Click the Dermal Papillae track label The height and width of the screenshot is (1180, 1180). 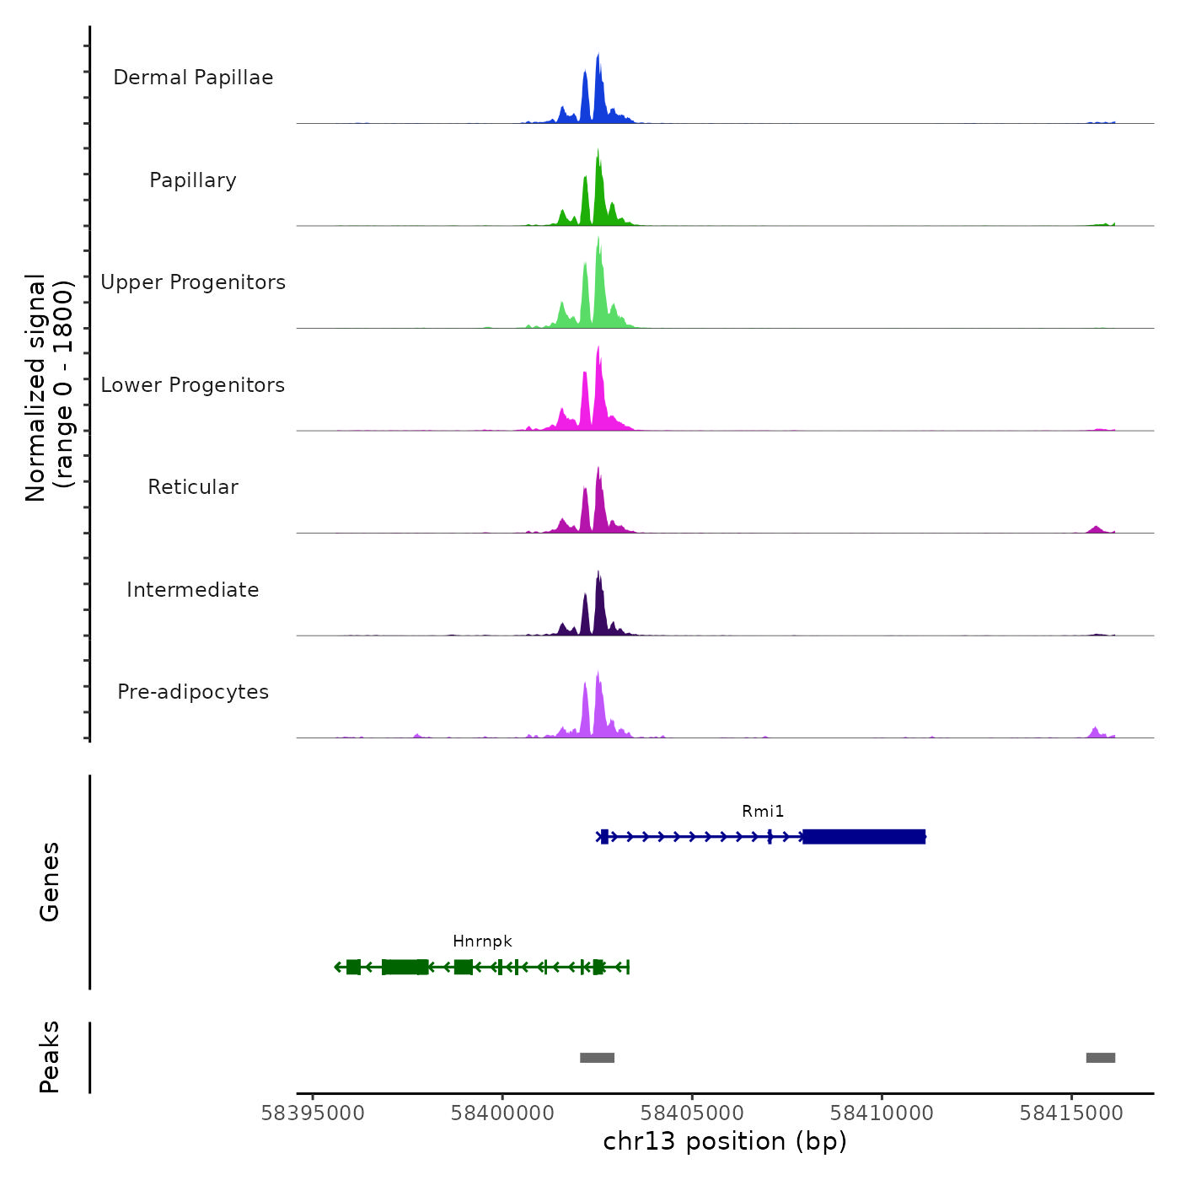[193, 78]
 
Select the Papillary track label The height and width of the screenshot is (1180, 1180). [193, 180]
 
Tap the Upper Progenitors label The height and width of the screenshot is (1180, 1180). [193, 282]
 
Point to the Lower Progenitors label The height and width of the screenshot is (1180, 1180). [193, 385]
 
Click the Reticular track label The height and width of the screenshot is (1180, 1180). [193, 487]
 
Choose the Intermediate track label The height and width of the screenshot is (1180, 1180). [193, 590]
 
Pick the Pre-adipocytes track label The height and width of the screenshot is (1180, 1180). [193, 692]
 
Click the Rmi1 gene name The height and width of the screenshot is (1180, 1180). [763, 812]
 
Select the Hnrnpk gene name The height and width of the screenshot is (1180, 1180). [482, 941]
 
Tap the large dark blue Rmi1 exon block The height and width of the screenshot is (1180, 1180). [864, 836]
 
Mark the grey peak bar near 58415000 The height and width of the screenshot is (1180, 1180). [1100, 1058]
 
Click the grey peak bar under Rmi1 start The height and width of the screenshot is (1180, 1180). [597, 1058]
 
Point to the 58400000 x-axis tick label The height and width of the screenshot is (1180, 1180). [502, 1113]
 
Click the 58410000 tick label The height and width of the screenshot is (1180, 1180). [882, 1113]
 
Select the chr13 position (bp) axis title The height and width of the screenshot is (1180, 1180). [725, 1141]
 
